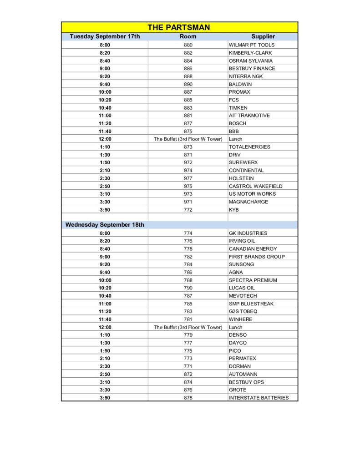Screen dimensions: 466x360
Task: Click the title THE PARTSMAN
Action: (x=179, y=27)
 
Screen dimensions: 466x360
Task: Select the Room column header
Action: (x=188, y=36)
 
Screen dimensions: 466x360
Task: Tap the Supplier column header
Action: (x=263, y=36)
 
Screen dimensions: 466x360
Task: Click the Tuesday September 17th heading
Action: (x=105, y=36)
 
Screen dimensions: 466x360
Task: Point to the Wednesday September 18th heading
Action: (x=105, y=225)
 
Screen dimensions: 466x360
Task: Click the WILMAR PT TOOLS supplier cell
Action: (x=252, y=45)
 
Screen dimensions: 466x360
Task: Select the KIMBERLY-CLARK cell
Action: (x=250, y=53)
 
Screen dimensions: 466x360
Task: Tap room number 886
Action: (x=188, y=68)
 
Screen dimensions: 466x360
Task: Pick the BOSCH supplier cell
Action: (x=238, y=123)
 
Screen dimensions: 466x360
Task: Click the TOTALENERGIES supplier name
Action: (x=249, y=147)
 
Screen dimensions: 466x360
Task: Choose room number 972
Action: (x=188, y=162)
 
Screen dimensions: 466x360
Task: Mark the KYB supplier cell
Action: (x=234, y=210)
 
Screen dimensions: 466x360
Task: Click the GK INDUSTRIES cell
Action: (x=248, y=233)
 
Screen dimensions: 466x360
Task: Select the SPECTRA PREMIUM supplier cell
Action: (x=253, y=280)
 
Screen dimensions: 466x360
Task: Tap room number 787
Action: (x=188, y=296)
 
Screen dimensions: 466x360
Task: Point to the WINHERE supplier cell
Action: (x=240, y=319)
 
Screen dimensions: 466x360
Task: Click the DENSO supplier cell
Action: (x=238, y=335)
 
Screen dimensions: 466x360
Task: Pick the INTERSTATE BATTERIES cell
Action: (x=259, y=398)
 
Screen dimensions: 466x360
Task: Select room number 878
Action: (x=188, y=398)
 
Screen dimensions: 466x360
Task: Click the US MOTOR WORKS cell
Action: (x=252, y=194)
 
